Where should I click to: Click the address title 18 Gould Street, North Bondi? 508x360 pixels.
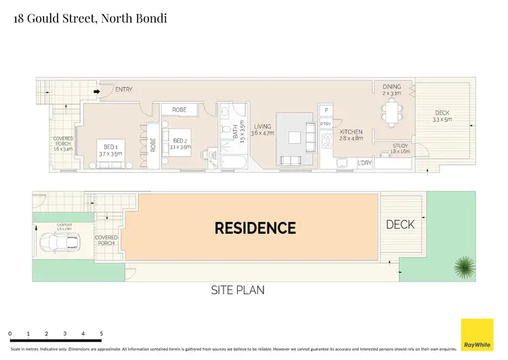click(90, 18)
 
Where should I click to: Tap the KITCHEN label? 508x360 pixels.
click(351, 132)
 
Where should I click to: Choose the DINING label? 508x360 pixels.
click(391, 87)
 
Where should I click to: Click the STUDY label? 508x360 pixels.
click(401, 147)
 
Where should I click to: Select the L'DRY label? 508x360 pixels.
click(366, 163)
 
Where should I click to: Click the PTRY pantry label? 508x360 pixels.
click(326, 124)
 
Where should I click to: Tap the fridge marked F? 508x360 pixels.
click(326, 110)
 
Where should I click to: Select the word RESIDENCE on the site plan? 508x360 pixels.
click(255, 228)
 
